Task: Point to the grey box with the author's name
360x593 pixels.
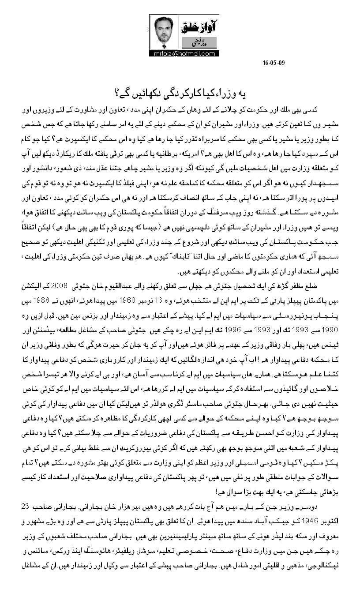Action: pyautogui.click(x=194, y=43)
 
